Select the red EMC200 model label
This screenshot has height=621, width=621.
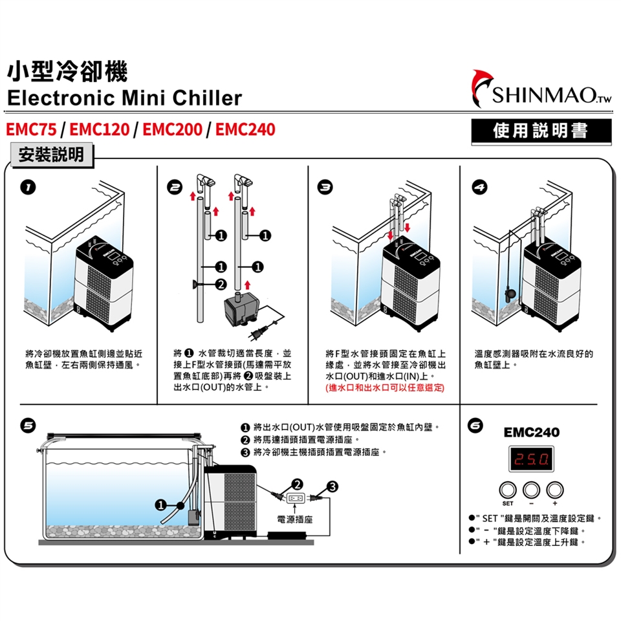171,129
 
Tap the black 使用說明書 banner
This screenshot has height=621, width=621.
541,131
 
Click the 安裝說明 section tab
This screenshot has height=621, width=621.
51,155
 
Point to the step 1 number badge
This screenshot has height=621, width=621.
24,188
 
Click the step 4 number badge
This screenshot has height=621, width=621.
478,188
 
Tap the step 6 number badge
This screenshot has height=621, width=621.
475,426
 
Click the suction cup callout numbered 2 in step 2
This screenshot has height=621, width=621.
221,284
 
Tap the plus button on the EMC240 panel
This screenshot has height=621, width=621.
555,490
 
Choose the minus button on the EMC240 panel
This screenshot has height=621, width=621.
531,490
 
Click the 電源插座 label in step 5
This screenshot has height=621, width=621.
294,519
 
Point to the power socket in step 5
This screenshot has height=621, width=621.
295,498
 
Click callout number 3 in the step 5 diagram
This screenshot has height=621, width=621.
332,486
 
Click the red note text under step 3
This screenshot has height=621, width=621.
386,387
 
